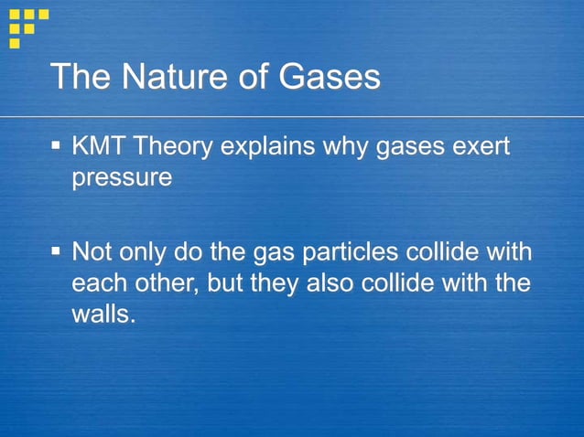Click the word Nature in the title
click(169, 78)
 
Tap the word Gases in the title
click(327, 78)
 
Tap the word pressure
click(121, 178)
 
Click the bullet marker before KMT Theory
click(57, 145)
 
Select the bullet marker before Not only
click(57, 250)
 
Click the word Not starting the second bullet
click(92, 251)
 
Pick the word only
click(146, 252)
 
